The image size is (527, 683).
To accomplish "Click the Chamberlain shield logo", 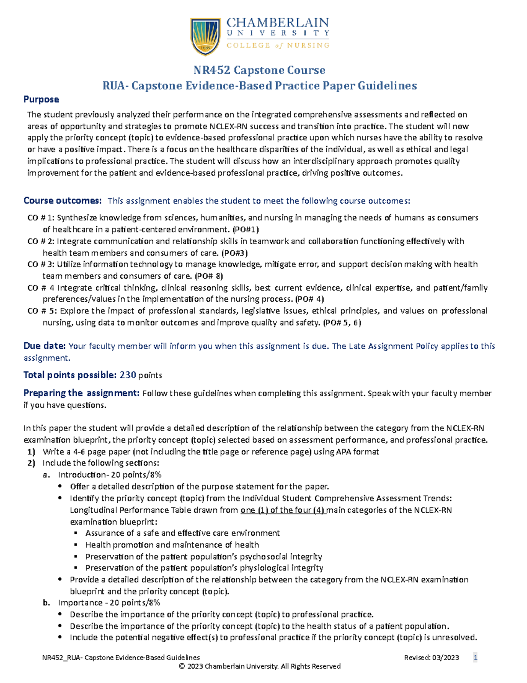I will click(x=205, y=37).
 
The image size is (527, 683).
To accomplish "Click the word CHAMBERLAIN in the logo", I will click(x=278, y=22).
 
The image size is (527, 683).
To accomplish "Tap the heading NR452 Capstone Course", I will click(x=260, y=70).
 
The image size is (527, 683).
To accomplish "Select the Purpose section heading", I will click(x=41, y=99).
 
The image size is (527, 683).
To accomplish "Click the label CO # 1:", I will click(x=41, y=218).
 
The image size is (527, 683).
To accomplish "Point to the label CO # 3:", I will click(x=41, y=264).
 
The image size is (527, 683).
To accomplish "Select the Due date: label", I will click(x=44, y=346).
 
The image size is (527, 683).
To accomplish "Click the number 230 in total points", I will click(x=128, y=375).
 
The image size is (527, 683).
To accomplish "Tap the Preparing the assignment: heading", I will click(x=81, y=393).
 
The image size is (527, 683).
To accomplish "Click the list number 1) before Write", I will click(x=31, y=452).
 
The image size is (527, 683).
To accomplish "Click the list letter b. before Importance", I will click(x=47, y=603).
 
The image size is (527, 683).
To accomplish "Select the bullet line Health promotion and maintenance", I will click(x=172, y=545).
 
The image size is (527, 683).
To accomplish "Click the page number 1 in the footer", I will click(x=475, y=658).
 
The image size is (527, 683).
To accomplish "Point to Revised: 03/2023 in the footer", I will click(x=431, y=658).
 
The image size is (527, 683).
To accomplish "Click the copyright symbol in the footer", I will click(x=182, y=667).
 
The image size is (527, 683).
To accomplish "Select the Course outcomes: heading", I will click(x=62, y=201).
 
